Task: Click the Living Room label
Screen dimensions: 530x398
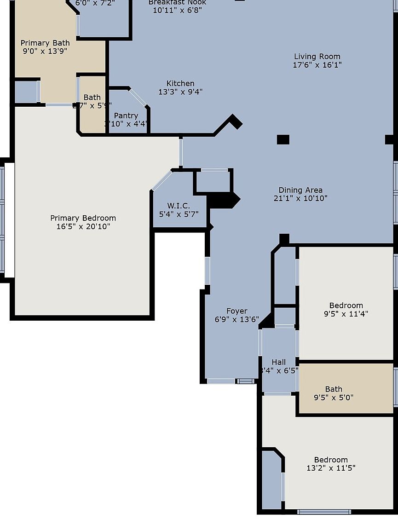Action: click(x=317, y=57)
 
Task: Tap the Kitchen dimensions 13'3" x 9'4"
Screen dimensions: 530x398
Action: click(x=180, y=92)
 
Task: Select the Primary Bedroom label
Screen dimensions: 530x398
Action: click(x=83, y=218)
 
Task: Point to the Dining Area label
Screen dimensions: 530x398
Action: click(x=300, y=190)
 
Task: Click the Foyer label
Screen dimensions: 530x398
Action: click(x=236, y=311)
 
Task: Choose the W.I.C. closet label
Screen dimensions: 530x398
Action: click(x=179, y=206)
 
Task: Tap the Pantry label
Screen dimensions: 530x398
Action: click(x=126, y=115)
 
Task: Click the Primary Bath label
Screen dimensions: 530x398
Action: click(x=45, y=43)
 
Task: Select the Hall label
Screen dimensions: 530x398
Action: click(x=278, y=362)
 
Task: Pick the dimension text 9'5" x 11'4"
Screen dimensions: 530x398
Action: click(x=346, y=314)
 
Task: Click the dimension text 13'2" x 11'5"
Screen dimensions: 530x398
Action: click(x=331, y=468)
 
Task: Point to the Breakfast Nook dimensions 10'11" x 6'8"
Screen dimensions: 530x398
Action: click(x=177, y=10)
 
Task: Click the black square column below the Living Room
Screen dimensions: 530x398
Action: click(x=283, y=139)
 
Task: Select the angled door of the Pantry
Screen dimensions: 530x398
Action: click(x=138, y=98)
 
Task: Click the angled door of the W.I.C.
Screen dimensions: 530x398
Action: click(x=162, y=180)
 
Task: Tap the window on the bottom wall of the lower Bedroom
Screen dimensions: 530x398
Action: click(x=324, y=512)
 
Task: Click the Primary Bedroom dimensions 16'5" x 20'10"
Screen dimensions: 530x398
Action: click(x=83, y=226)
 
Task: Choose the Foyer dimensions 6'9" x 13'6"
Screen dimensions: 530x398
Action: click(x=236, y=319)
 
